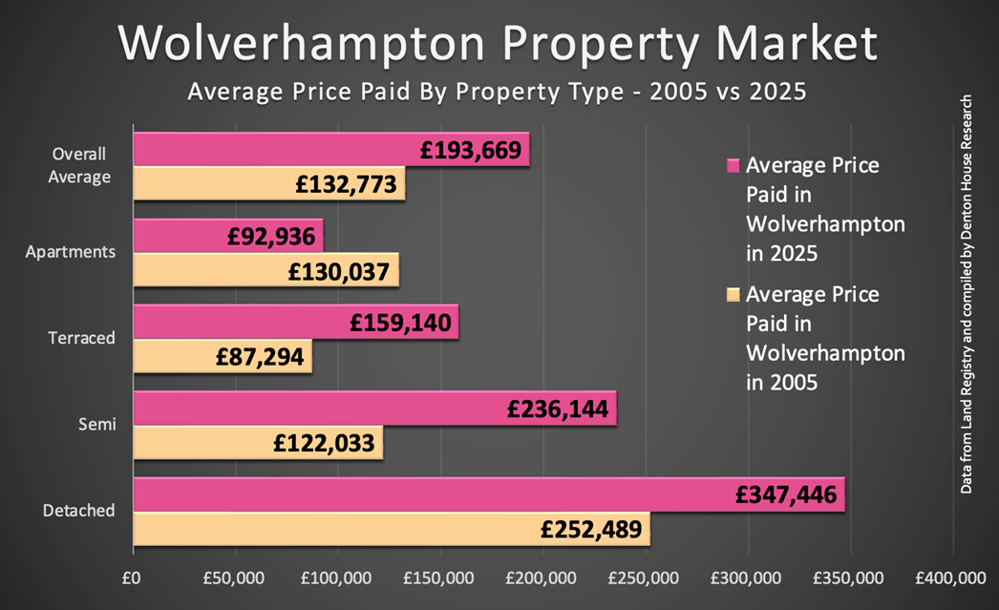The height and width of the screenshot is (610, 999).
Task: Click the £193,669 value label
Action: (x=473, y=150)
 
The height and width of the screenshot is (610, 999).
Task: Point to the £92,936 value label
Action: (x=273, y=236)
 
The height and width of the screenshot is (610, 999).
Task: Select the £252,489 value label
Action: (x=593, y=530)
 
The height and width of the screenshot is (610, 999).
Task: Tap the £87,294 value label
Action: (x=260, y=357)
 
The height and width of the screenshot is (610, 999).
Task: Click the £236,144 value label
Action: (x=560, y=410)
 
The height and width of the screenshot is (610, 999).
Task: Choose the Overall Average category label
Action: (x=80, y=165)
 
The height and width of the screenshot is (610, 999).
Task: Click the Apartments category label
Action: (x=71, y=252)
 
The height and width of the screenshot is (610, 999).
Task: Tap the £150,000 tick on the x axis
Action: (x=442, y=578)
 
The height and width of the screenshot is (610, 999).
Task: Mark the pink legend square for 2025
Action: (x=733, y=165)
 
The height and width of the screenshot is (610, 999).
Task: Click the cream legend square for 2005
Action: (x=733, y=295)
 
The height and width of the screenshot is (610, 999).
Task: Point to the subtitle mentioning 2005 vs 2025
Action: (x=497, y=93)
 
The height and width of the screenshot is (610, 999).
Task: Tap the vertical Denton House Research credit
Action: (x=967, y=294)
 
